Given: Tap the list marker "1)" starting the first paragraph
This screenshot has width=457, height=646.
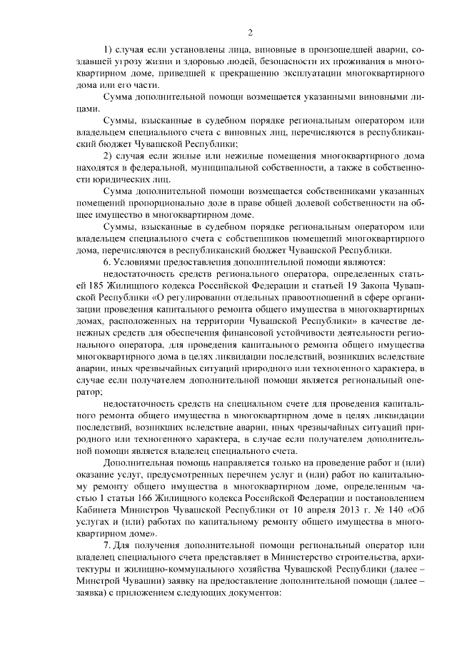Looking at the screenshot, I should (108, 49).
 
